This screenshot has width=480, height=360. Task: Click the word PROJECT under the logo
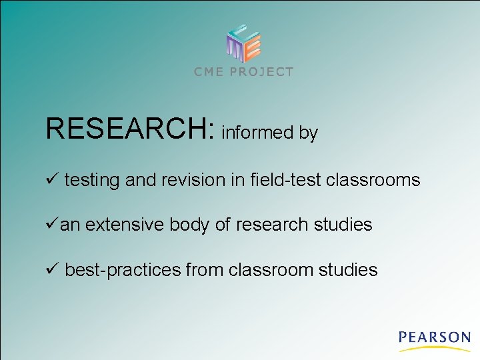(261, 72)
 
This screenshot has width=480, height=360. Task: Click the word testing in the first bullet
(92, 180)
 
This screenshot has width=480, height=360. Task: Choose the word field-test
(283, 179)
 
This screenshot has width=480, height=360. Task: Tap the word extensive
(124, 225)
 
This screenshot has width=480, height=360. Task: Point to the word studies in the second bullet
(343, 225)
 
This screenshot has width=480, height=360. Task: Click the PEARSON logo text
(435, 337)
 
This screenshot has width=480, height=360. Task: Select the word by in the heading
(309, 133)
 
